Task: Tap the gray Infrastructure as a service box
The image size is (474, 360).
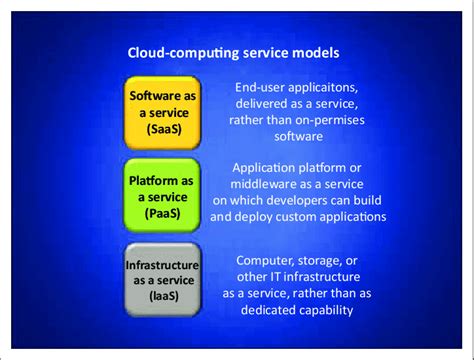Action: click(x=164, y=274)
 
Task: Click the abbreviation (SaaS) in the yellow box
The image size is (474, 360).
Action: click(x=164, y=128)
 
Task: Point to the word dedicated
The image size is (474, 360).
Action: click(x=267, y=309)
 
